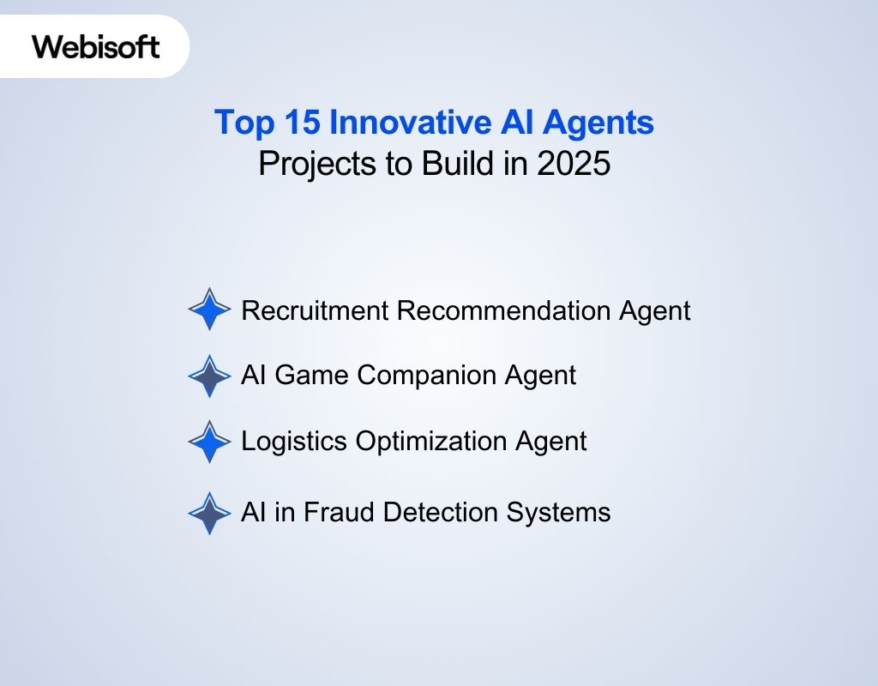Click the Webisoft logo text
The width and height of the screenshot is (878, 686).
click(96, 45)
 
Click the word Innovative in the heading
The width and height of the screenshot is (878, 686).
click(409, 123)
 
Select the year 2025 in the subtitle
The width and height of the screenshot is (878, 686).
click(574, 163)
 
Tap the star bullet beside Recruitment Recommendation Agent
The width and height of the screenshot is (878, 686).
click(209, 310)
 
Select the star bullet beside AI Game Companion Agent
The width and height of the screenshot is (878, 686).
click(209, 376)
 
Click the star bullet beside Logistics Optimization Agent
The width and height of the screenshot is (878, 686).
click(209, 442)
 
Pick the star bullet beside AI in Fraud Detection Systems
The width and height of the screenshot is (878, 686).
click(209, 513)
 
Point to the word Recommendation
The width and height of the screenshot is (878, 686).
click(504, 310)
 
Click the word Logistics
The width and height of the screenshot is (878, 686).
click(294, 442)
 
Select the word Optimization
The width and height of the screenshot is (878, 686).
click(431, 442)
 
